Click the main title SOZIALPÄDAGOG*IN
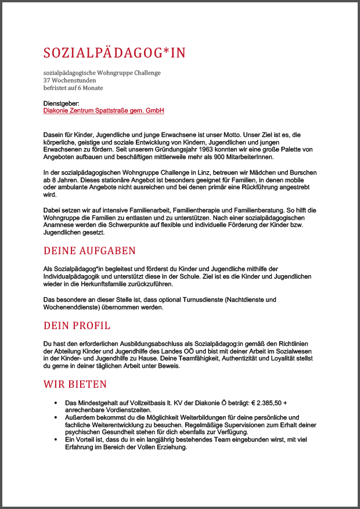click(114, 53)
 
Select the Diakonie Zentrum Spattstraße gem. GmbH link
click(104, 110)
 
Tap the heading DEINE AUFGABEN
click(89, 251)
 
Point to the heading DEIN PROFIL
click(77, 325)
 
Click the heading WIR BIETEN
click(75, 384)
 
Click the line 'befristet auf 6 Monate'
click(73, 88)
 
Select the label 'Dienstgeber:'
click(61, 103)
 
